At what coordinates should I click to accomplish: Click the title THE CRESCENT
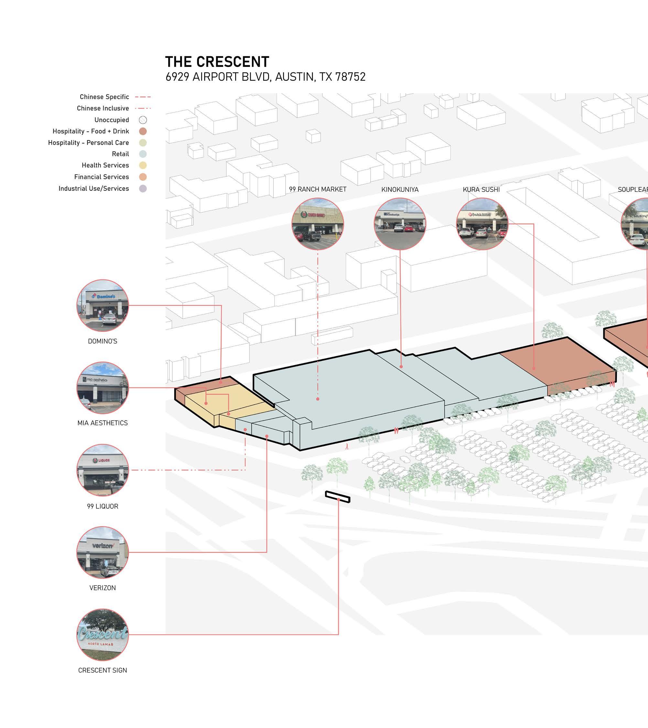(217, 62)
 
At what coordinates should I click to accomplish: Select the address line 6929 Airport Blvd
(265, 77)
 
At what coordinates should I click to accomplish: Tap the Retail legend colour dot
(143, 154)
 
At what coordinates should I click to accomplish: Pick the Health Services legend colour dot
(143, 165)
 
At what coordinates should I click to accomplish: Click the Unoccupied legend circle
(143, 120)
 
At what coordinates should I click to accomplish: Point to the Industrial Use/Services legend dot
(143, 189)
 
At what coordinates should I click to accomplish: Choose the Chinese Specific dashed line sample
(143, 97)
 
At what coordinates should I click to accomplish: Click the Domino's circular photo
(103, 306)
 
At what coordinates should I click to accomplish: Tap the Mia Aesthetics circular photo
(103, 388)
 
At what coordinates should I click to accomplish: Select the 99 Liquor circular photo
(103, 470)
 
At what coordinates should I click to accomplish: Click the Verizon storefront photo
(103, 552)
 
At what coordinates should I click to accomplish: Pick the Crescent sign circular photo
(103, 634)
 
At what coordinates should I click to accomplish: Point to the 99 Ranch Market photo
(318, 224)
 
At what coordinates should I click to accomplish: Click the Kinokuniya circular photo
(400, 224)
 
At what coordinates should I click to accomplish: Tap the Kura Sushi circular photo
(482, 224)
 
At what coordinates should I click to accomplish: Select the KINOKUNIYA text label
(400, 190)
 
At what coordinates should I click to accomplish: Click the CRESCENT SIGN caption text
(103, 670)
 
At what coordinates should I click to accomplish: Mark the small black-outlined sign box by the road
(338, 496)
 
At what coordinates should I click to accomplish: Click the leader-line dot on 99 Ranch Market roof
(318, 399)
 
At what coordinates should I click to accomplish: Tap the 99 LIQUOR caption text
(103, 506)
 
